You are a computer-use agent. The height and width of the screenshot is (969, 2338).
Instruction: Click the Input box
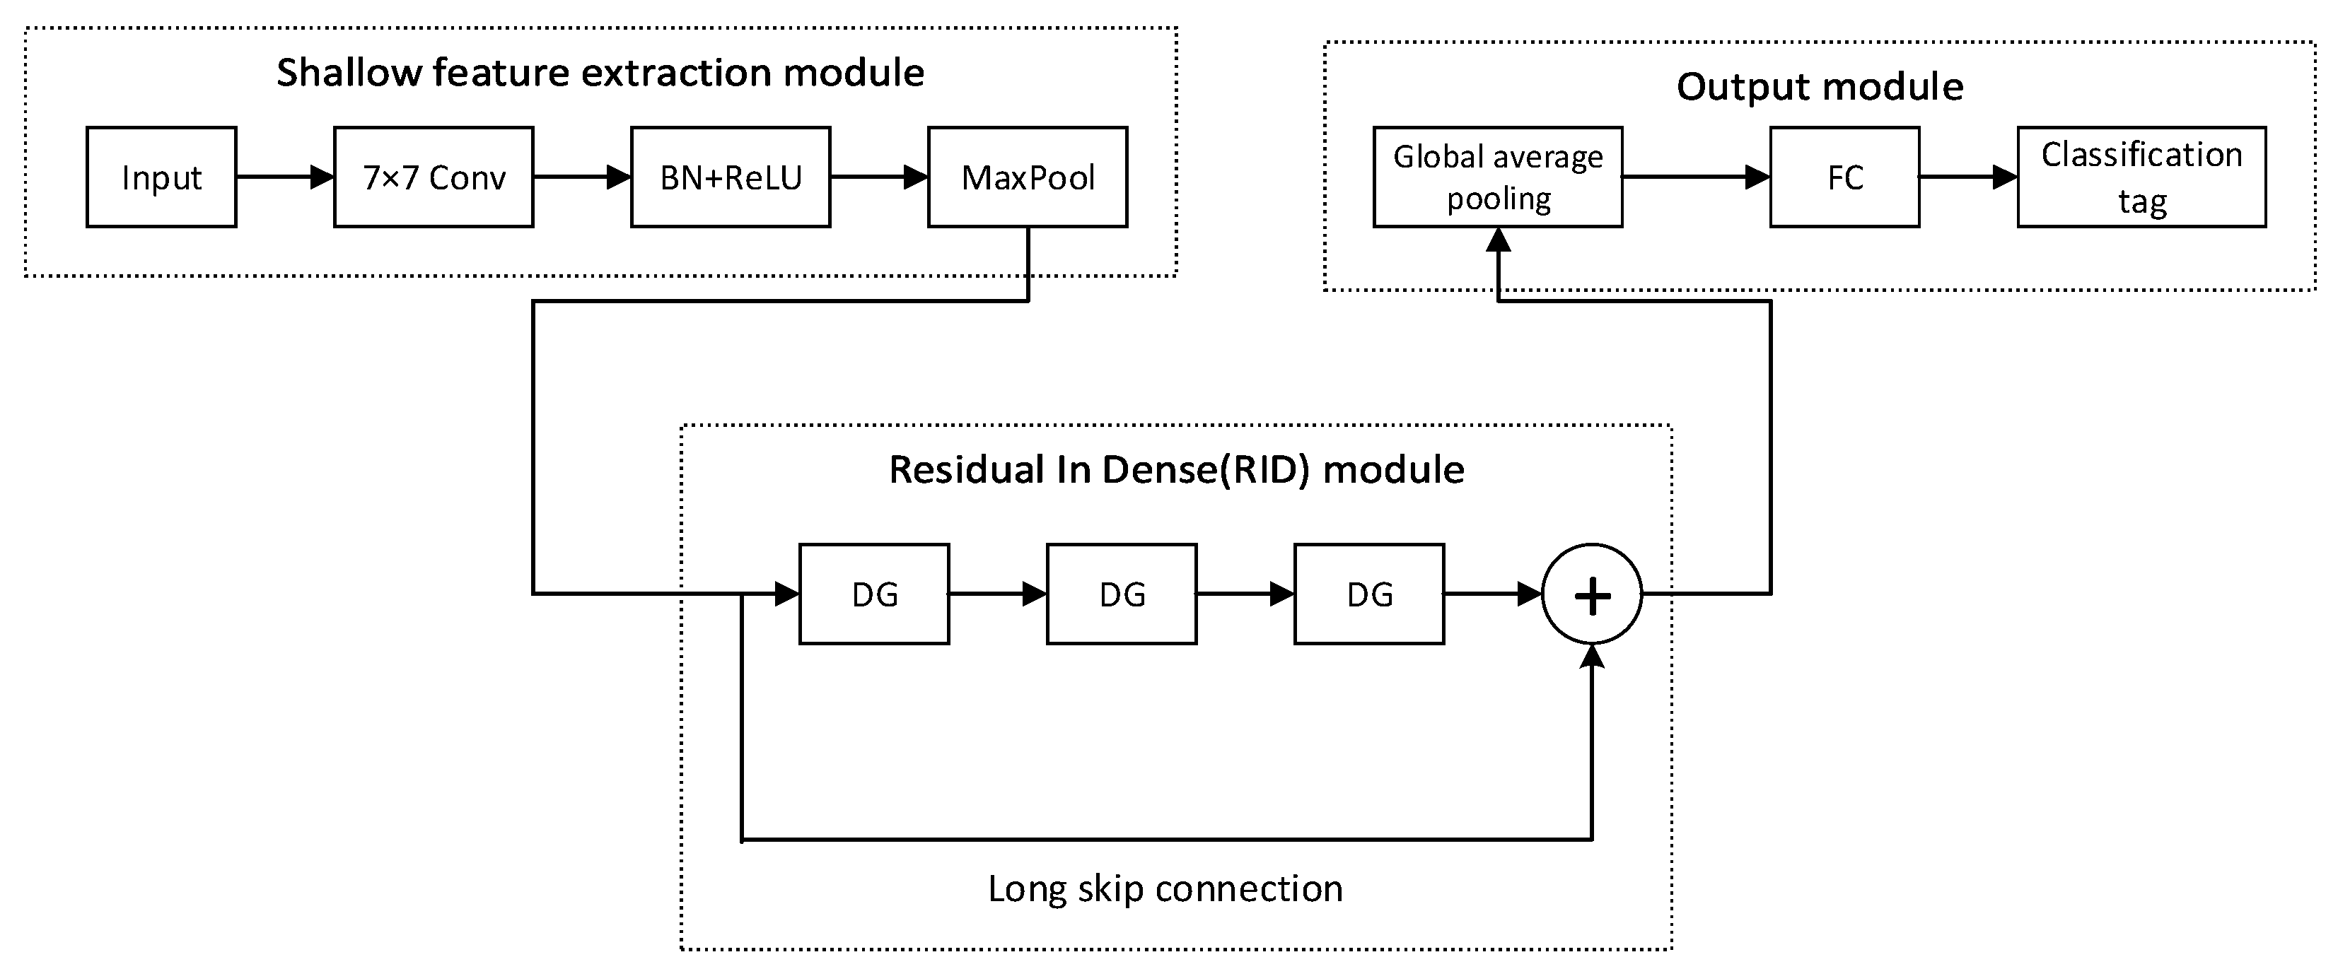pyautogui.click(x=161, y=177)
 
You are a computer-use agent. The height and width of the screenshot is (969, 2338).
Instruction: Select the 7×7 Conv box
pyautogui.click(x=434, y=177)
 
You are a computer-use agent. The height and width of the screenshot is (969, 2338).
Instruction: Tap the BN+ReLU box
pyautogui.click(x=731, y=177)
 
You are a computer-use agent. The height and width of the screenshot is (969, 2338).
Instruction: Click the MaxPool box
pyautogui.click(x=1028, y=177)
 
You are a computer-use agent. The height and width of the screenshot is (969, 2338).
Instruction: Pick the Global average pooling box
pyautogui.click(x=1498, y=177)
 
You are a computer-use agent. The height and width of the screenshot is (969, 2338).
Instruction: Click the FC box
pyautogui.click(x=1844, y=177)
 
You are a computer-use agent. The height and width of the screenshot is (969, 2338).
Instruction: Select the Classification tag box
pyautogui.click(x=2141, y=177)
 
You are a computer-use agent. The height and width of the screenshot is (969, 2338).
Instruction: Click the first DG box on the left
pyautogui.click(x=874, y=594)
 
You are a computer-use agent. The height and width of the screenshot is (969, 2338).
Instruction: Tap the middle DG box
pyautogui.click(x=1122, y=594)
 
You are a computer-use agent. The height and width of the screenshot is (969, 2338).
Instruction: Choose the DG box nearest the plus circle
pyautogui.click(x=1368, y=594)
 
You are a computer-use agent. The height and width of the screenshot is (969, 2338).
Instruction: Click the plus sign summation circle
pyautogui.click(x=1592, y=594)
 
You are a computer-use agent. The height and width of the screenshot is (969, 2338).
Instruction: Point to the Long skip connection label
pyautogui.click(x=1165, y=888)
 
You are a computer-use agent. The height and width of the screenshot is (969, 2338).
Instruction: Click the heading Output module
pyautogui.click(x=1820, y=86)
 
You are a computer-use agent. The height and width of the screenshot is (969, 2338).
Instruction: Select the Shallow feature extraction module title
pyautogui.click(x=600, y=73)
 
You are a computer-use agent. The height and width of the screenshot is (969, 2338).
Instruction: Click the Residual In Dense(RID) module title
pyautogui.click(x=1176, y=469)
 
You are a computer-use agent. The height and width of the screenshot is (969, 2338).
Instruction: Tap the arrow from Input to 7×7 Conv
pyautogui.click(x=285, y=177)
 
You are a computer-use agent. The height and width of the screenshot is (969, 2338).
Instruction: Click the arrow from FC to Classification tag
pyautogui.click(x=1967, y=177)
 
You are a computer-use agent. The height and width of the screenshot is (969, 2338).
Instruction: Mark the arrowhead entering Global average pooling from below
pyautogui.click(x=1498, y=240)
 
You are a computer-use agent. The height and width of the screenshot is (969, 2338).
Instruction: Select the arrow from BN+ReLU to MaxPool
pyautogui.click(x=878, y=177)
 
